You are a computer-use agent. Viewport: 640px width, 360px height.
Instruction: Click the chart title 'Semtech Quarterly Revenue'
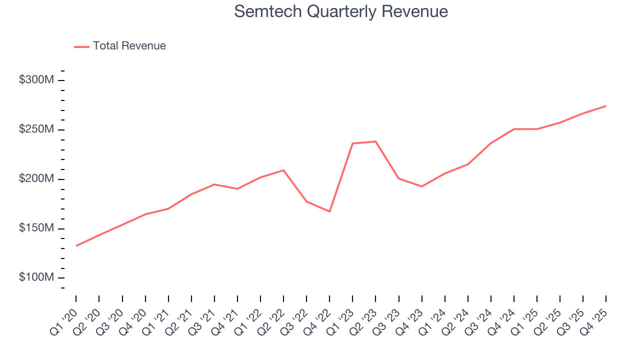341,11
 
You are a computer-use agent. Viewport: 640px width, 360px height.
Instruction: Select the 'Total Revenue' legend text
129,46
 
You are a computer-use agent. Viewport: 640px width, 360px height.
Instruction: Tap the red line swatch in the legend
81,46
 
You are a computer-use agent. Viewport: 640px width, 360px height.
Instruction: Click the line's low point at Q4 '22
329,211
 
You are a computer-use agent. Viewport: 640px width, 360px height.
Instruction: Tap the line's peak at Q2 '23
375,141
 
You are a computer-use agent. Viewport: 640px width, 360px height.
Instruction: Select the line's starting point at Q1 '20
76,245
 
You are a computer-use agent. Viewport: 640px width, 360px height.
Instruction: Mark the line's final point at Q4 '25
606,106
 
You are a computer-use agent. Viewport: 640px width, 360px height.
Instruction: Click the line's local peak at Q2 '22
283,170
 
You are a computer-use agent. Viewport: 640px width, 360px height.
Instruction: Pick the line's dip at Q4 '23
421,186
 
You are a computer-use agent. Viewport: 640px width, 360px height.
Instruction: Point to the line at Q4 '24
514,129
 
